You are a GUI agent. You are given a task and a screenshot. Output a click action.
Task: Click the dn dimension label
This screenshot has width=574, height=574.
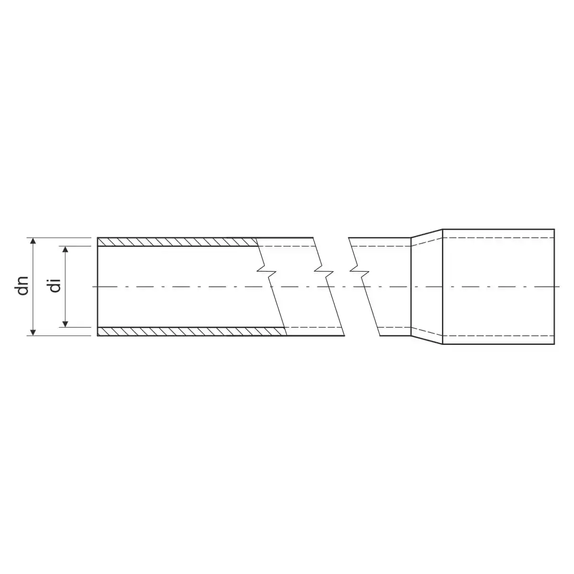coord(23,286)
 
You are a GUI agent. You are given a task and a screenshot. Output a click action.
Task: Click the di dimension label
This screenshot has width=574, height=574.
coord(55,286)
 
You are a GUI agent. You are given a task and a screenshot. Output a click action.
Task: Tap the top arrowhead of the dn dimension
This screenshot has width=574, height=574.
coord(33,241)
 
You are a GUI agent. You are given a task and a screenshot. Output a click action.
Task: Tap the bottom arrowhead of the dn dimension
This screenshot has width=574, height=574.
coord(33,332)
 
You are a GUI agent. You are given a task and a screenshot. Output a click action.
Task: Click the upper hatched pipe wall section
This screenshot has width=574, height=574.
coord(178,242)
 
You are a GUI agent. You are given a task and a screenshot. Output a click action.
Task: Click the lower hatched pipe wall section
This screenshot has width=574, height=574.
coord(192,331)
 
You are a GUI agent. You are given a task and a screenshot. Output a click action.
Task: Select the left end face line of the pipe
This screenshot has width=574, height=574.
coord(98,287)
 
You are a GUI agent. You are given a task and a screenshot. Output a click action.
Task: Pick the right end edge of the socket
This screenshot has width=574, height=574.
coord(554,287)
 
